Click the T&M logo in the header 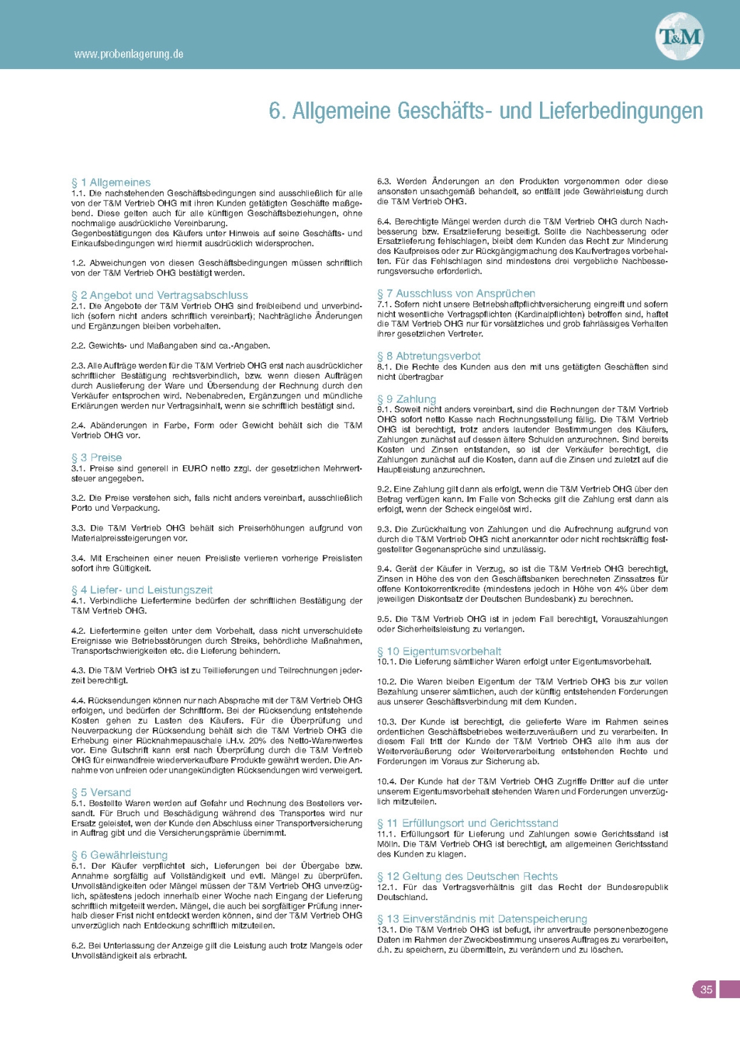[680, 36]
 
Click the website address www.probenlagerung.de [129, 54]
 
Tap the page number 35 [706, 989]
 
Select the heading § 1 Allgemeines [111, 183]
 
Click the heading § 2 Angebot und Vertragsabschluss [159, 295]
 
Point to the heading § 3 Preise [97, 457]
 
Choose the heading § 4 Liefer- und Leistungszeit [142, 590]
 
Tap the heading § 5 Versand [101, 793]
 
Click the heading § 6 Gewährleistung [120, 855]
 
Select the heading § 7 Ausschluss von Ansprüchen [456, 293]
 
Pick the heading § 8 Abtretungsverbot [429, 356]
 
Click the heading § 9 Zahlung [406, 399]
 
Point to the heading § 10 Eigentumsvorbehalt [439, 651]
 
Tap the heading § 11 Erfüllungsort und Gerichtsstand [467, 823]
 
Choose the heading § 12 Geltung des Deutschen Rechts [467, 877]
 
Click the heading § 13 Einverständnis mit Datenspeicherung [482, 919]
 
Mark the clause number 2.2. [78, 346]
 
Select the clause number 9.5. [384, 619]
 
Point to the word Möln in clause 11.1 [388, 845]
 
